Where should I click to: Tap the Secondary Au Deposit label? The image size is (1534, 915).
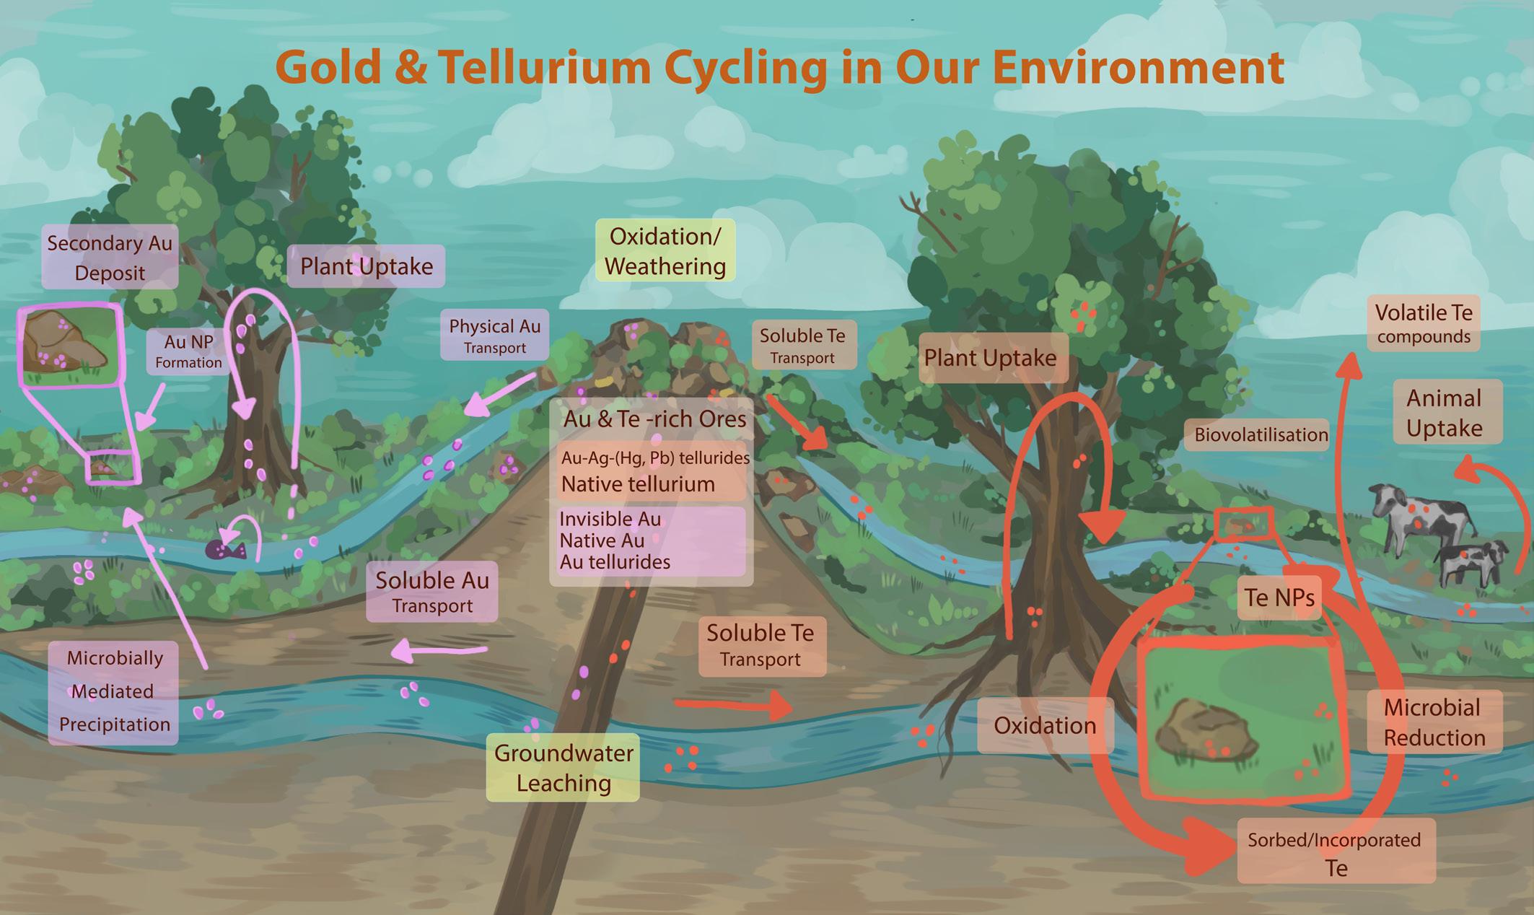coord(110,258)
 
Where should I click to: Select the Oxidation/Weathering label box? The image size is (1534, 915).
coord(665,251)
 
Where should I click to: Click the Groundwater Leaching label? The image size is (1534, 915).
coord(564,768)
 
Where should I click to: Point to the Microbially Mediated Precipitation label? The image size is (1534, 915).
coord(114,691)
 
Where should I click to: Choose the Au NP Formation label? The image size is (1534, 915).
coord(188,351)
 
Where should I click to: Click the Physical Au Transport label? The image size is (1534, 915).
coord(494,336)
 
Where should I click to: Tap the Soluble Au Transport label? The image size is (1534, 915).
coord(431,592)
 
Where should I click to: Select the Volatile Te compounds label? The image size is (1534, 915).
coord(1423,323)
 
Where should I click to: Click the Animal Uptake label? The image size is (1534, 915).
coord(1444,412)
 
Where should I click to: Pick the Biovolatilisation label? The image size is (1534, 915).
coord(1261,434)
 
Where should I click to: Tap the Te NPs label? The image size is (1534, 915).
coord(1279,597)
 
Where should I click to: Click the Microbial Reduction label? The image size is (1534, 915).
coord(1434,722)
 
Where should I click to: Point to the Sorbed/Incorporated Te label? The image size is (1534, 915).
coord(1336,852)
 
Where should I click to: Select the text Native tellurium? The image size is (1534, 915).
coord(638,484)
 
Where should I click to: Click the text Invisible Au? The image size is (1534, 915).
coord(610,519)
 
